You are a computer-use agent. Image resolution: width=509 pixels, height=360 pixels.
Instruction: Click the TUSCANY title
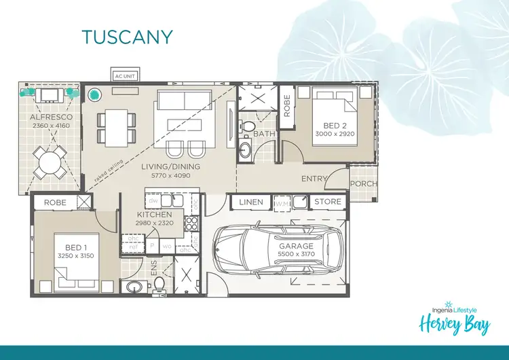tap(127, 36)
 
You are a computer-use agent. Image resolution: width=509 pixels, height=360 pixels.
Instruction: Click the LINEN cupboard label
tap(251, 202)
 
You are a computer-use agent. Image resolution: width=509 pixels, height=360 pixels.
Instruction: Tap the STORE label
tap(328, 202)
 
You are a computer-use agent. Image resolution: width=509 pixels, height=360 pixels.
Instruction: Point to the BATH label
tap(264, 134)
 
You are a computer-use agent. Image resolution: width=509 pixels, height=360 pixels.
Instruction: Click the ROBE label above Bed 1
tap(54, 202)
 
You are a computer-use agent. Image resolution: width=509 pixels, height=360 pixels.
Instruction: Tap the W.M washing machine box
tap(282, 202)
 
